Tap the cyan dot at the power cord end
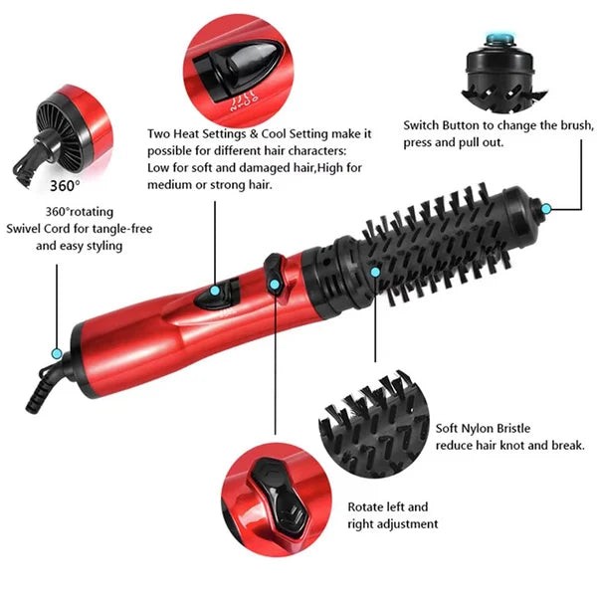[x=57, y=353]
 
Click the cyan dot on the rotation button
[x=275, y=285]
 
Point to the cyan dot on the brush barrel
[x=375, y=271]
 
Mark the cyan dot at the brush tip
[x=545, y=208]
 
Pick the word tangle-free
[x=121, y=229]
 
